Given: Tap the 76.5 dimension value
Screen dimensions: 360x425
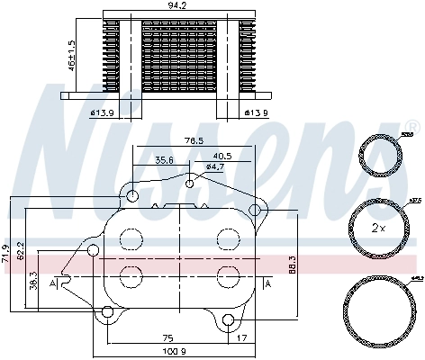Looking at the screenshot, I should coord(194,140).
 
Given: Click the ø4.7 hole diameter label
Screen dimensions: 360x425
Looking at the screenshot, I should coord(214,166).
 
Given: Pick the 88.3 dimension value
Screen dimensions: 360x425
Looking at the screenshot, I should coord(290,264).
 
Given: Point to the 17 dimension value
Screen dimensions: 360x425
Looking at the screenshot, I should coord(240,338).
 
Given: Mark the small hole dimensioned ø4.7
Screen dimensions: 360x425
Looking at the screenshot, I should coord(189,184).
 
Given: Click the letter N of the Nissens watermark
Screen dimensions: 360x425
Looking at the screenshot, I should coord(86,153).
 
